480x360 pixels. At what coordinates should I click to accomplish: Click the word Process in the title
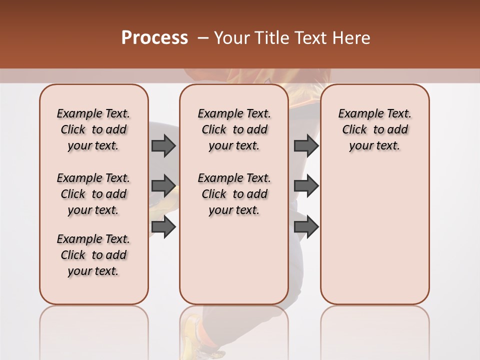[154, 37]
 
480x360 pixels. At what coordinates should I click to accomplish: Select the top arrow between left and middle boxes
[163, 145]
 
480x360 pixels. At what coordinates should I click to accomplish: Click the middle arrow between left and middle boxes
[163, 186]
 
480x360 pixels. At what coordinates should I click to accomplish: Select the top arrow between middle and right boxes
[306, 145]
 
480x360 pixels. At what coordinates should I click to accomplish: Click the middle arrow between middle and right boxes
[306, 186]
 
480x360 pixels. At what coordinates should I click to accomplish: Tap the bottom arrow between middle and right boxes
[306, 226]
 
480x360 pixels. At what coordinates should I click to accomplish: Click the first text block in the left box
[93, 129]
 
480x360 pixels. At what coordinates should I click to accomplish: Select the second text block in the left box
[93, 194]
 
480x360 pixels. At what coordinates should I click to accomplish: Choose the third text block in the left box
[93, 255]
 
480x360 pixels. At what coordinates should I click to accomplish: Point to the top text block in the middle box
[234, 129]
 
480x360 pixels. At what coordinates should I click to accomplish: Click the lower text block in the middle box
[234, 194]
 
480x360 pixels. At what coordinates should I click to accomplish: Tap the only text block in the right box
[374, 129]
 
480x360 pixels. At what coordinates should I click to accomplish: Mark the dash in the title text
[203, 38]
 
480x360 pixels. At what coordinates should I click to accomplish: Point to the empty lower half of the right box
[374, 240]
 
